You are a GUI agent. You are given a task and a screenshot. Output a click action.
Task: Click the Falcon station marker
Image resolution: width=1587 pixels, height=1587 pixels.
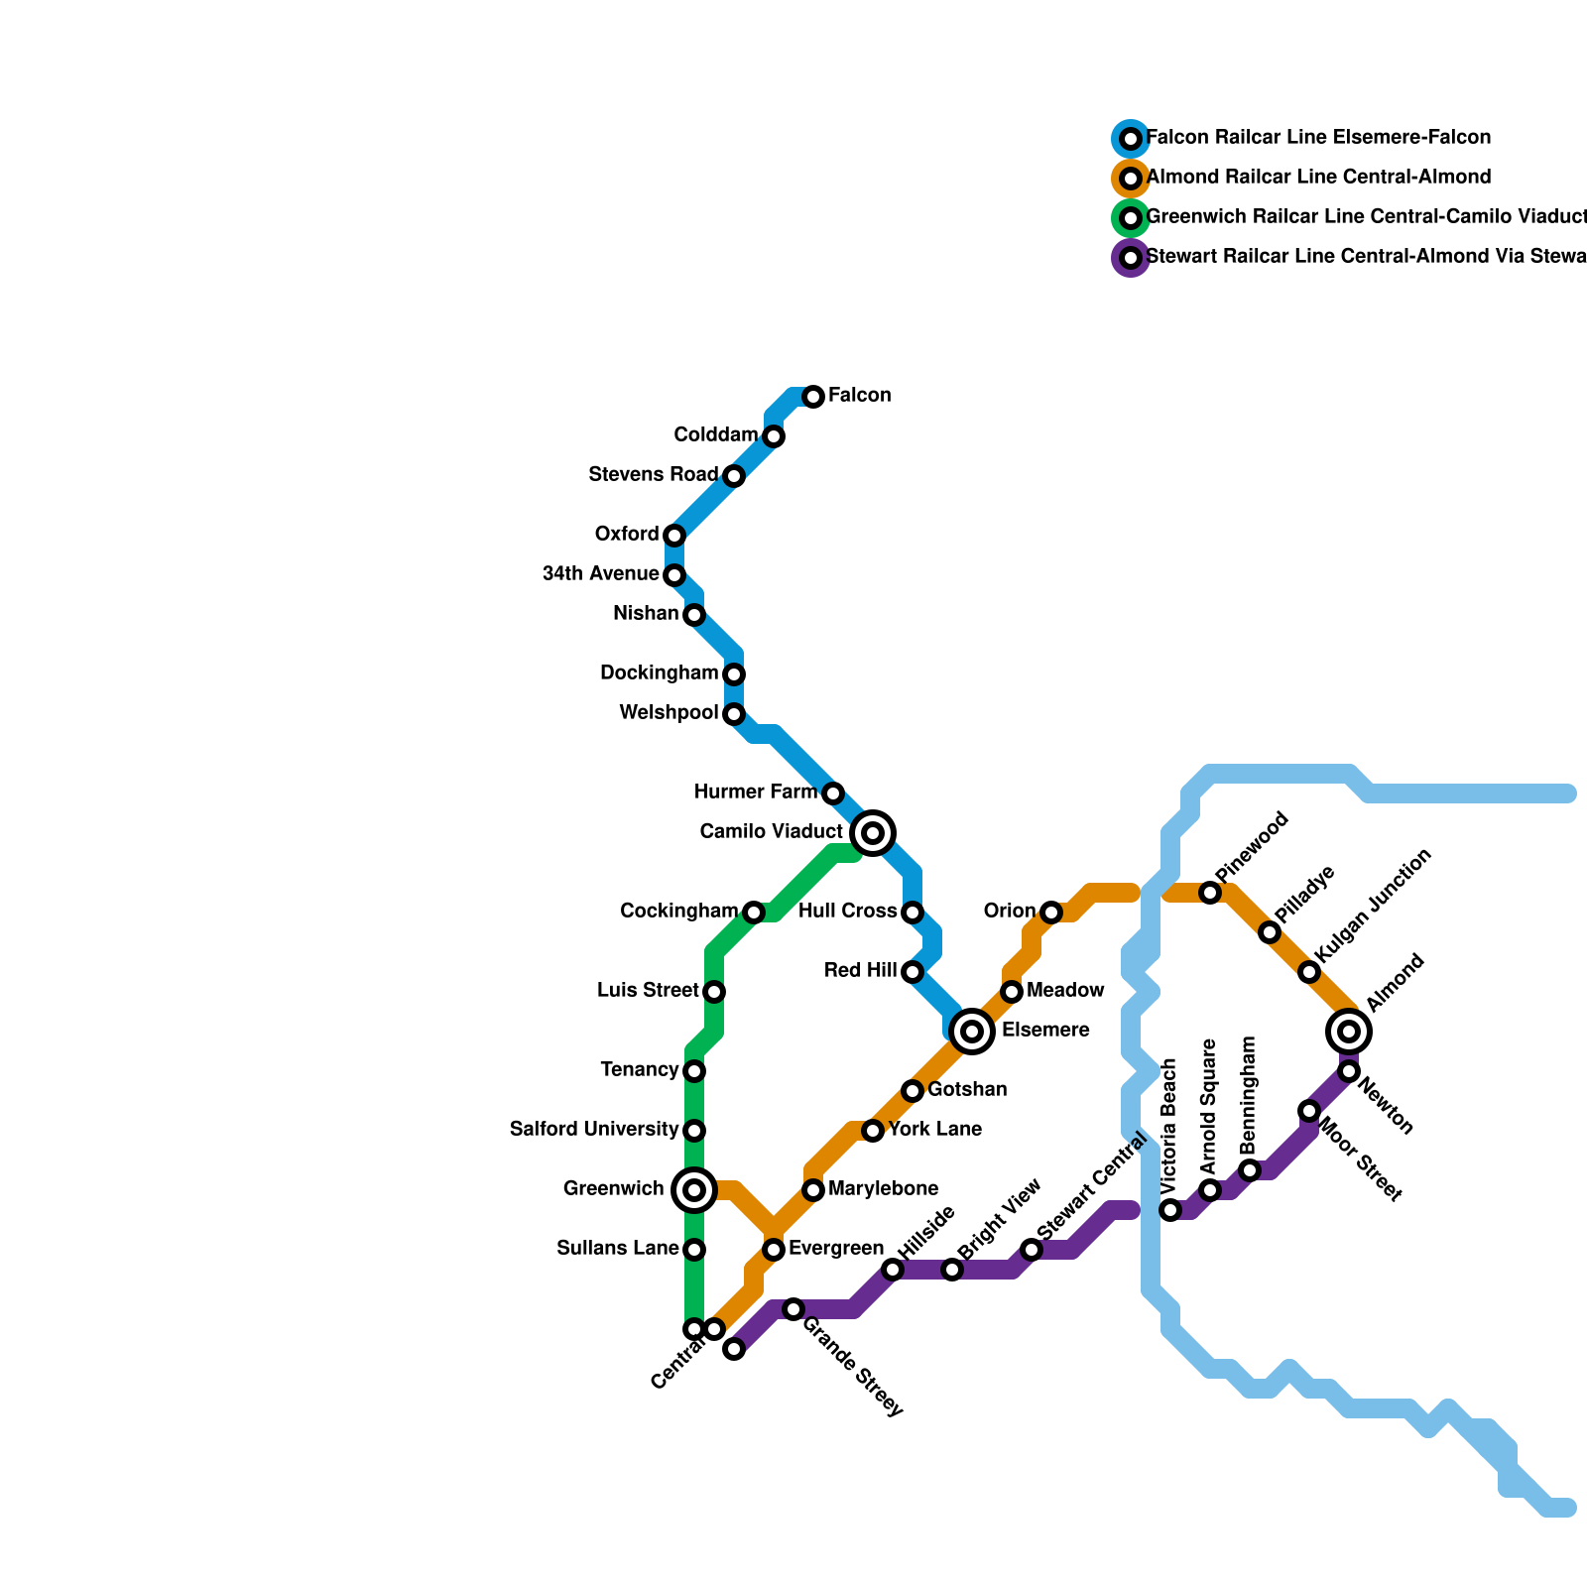[x=813, y=397]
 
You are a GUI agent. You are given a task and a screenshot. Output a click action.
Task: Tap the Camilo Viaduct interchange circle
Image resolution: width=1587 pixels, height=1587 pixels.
[x=873, y=832]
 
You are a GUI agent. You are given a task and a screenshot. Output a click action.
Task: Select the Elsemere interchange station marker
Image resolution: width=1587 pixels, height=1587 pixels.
[x=972, y=1032]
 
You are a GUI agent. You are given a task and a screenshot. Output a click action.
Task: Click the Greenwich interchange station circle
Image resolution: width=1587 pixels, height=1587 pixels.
[x=694, y=1189]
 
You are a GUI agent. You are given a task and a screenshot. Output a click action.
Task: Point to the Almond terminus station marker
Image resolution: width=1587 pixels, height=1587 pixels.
[x=1349, y=1032]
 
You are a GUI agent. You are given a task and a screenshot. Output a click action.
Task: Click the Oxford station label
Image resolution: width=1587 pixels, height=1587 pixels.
[x=627, y=535]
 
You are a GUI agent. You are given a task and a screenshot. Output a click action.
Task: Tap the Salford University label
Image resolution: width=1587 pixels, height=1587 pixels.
[x=594, y=1130]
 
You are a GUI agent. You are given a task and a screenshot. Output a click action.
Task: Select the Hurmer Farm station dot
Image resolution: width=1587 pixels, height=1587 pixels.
[x=833, y=793]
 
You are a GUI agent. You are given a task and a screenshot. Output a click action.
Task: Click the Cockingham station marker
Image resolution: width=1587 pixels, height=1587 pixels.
[x=754, y=913]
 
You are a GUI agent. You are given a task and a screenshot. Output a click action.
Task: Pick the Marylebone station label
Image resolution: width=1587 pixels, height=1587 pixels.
[x=883, y=1189]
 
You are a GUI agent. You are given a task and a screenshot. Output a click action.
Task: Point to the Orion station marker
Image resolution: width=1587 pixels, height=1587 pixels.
[x=1051, y=913]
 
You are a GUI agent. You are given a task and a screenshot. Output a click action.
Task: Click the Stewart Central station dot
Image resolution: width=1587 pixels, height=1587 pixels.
[x=1032, y=1250]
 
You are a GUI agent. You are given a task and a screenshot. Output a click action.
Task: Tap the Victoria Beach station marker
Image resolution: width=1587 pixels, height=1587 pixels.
[x=1170, y=1210]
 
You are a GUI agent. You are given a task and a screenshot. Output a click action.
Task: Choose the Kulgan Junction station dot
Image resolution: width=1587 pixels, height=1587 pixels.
[x=1309, y=972]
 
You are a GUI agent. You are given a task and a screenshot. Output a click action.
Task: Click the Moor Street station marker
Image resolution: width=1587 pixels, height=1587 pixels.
[x=1309, y=1111]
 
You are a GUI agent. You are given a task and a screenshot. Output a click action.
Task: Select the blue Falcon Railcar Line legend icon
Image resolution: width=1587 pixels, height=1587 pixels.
[x=1131, y=139]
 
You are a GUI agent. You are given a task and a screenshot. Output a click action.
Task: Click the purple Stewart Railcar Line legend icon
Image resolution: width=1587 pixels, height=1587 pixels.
[x=1131, y=258]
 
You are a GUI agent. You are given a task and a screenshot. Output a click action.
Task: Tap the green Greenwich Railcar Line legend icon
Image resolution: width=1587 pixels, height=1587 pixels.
[x=1131, y=218]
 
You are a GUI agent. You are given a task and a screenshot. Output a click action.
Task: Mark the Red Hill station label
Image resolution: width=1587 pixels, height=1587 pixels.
[x=860, y=971]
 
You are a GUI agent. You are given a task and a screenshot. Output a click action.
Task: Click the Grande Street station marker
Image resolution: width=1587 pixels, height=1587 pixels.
[x=793, y=1309]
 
